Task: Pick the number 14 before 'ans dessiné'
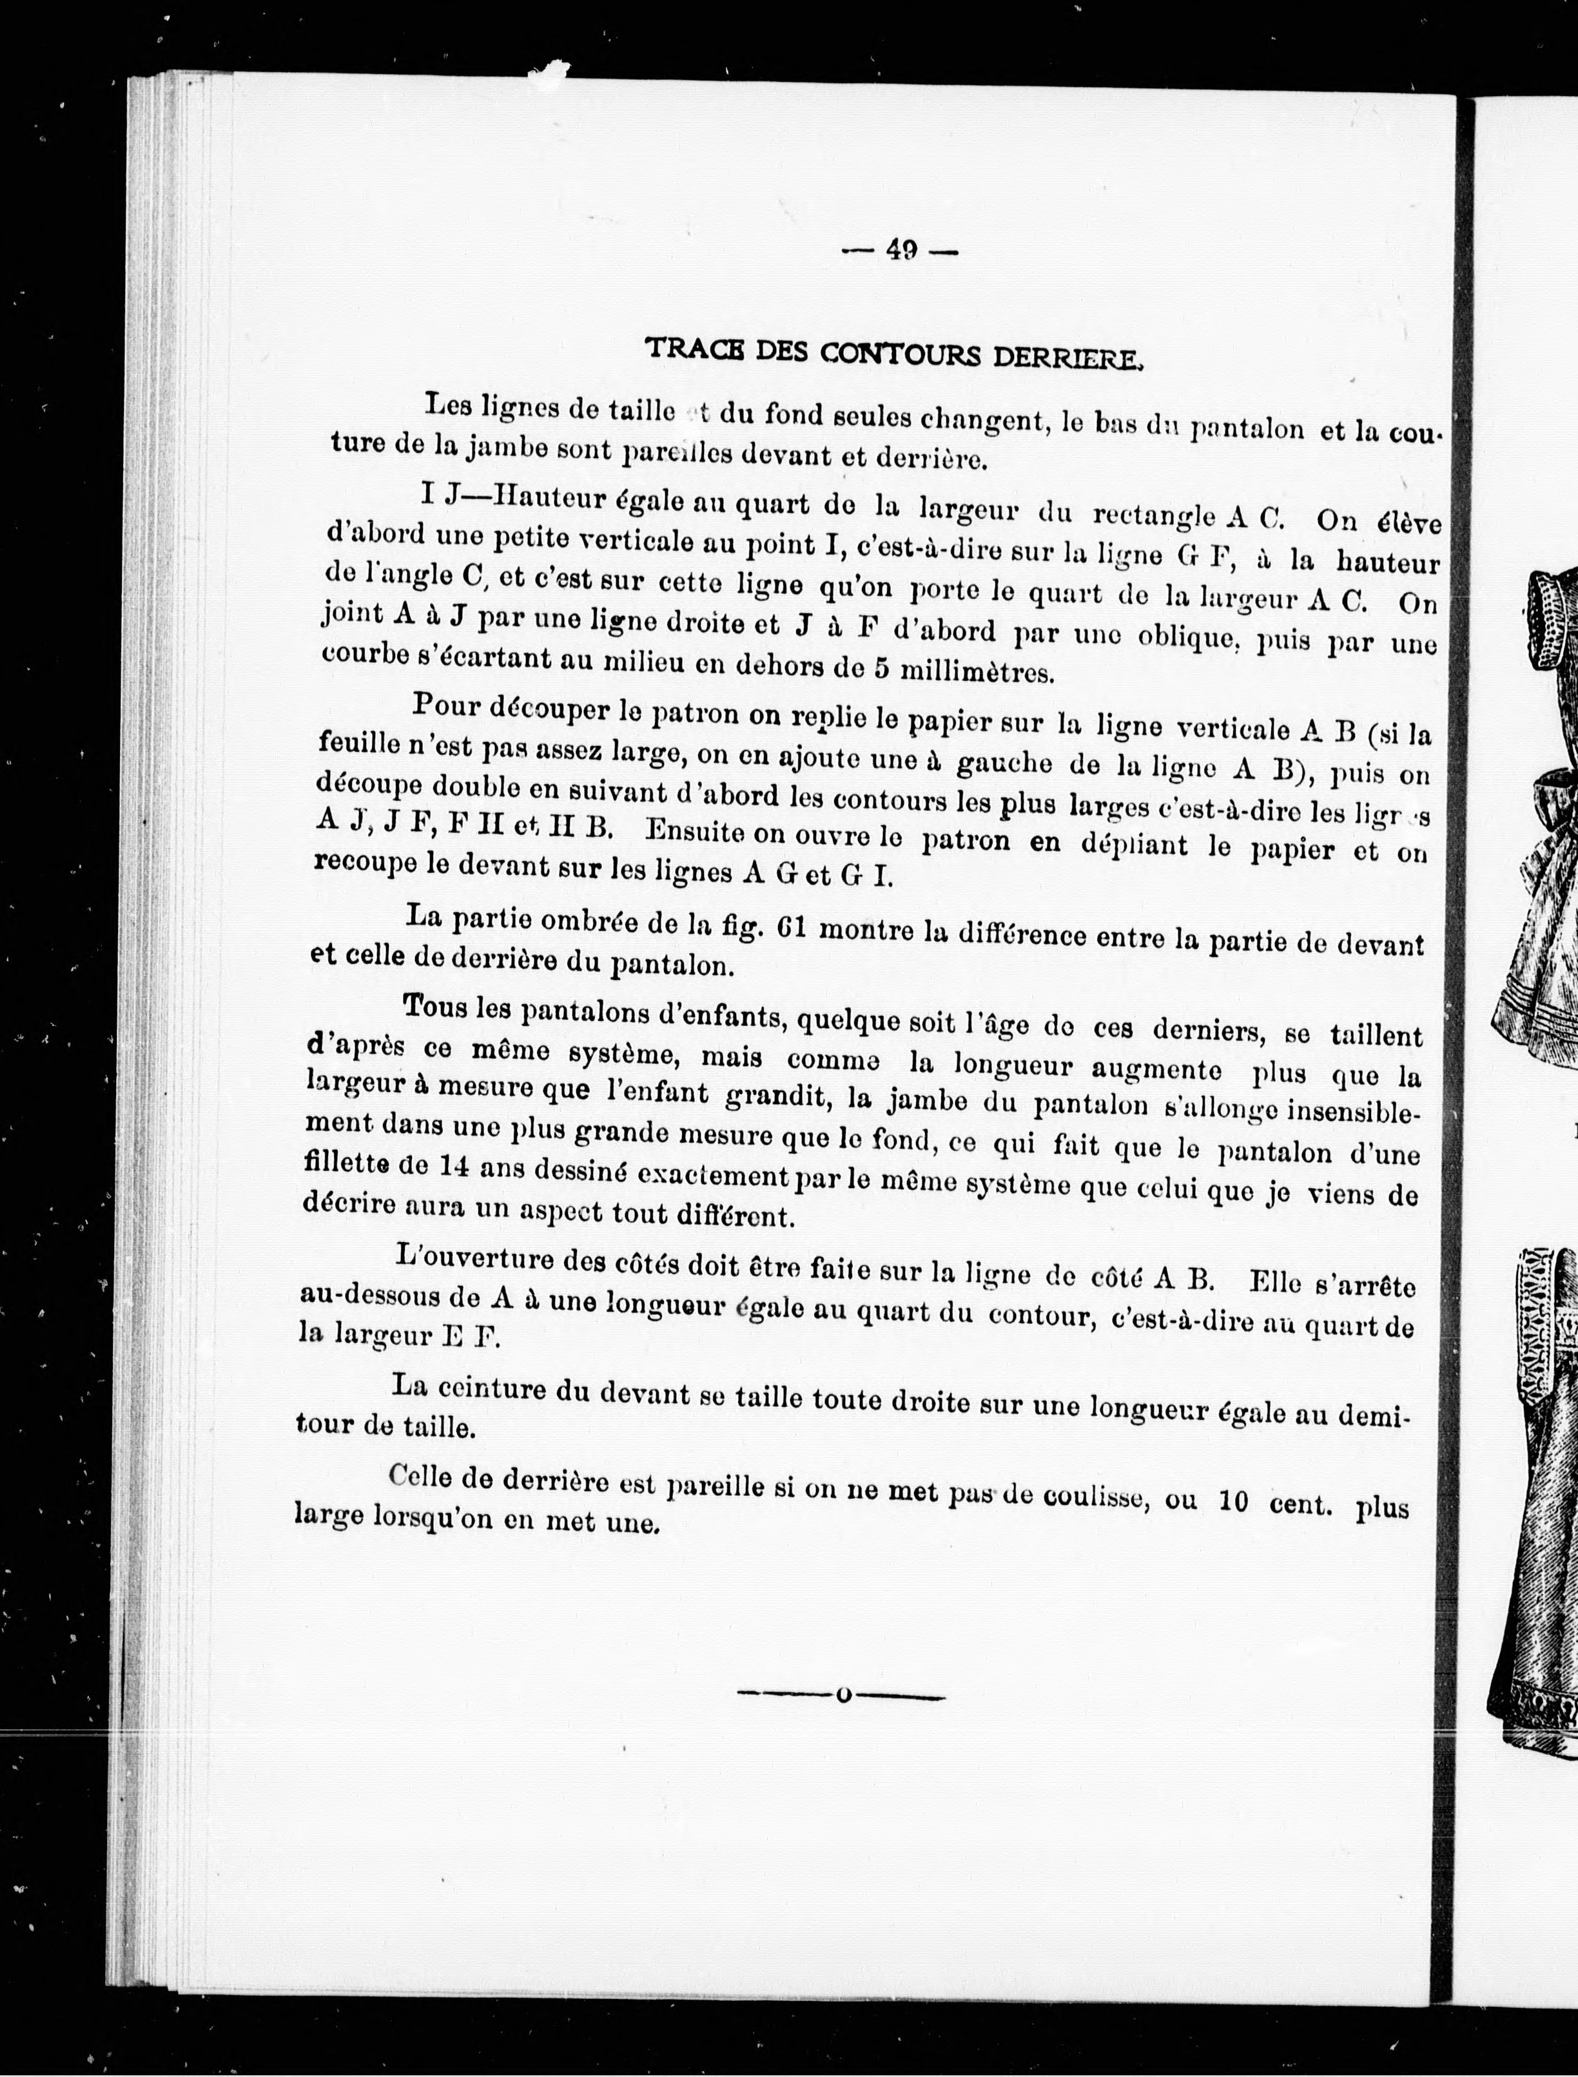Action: (454, 1165)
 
